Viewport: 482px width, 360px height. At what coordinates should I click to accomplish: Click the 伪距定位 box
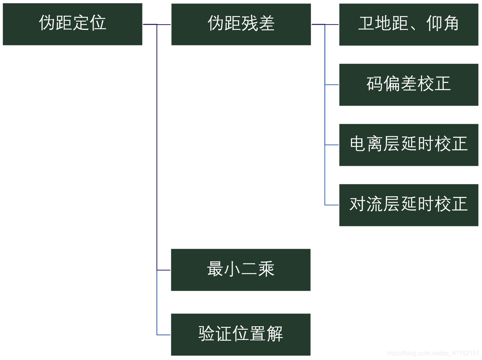(72, 24)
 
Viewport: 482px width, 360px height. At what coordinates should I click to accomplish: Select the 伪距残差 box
(241, 24)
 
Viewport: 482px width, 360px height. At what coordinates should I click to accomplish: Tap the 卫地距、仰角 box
(408, 24)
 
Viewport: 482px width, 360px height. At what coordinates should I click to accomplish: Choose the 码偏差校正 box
(408, 84)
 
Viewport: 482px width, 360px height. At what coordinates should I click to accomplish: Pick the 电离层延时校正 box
(408, 145)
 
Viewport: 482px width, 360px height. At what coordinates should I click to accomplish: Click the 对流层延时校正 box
(408, 205)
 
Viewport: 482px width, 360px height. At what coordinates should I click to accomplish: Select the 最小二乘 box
(241, 270)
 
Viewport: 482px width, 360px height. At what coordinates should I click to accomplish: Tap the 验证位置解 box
(241, 334)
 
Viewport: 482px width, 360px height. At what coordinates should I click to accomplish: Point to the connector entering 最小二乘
(164, 270)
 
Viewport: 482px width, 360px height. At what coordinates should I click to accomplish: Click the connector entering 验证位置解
(164, 335)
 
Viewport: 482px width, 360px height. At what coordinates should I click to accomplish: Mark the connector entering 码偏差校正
(332, 84)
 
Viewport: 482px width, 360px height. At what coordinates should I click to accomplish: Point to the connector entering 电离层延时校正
(332, 145)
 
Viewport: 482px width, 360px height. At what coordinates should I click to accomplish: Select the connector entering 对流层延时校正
(332, 205)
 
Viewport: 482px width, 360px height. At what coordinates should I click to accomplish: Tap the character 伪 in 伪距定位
(47, 23)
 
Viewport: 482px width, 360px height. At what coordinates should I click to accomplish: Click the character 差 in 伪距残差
(266, 23)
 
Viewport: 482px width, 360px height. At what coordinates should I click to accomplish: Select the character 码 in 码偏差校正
(374, 84)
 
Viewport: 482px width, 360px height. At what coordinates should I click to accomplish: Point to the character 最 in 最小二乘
(215, 269)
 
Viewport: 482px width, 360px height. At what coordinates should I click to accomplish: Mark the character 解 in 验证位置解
(275, 334)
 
